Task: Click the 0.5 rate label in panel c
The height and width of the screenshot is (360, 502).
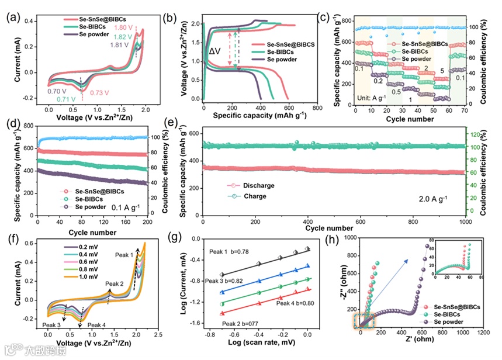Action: tap(396, 92)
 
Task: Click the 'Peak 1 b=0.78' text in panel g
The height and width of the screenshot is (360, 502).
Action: tap(230, 251)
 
